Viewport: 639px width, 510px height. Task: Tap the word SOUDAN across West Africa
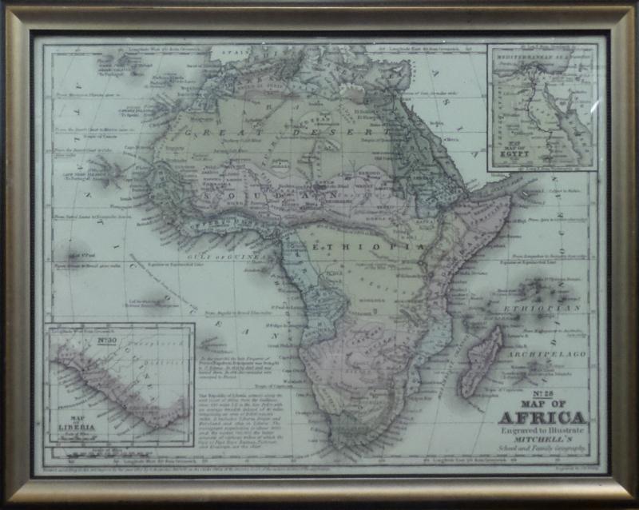point(256,195)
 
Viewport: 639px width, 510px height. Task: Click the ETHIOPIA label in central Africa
point(359,248)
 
